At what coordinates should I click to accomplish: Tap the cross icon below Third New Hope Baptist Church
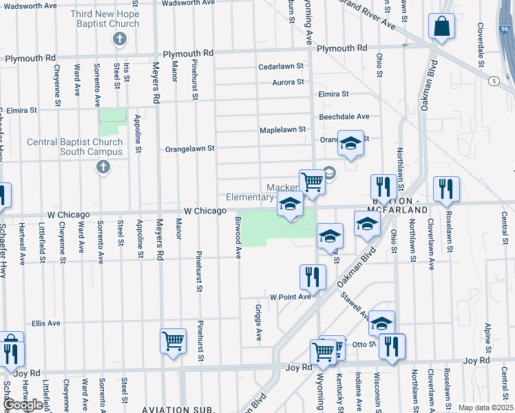(120, 39)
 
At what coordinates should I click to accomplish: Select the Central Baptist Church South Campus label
(75, 147)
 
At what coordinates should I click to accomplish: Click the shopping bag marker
(441, 27)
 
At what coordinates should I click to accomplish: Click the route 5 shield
(494, 81)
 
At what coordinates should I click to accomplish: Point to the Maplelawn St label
(282, 129)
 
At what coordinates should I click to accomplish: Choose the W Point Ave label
(290, 297)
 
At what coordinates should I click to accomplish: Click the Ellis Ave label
(46, 323)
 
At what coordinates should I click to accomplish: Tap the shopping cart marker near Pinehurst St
(173, 340)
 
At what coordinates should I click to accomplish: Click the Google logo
(23, 405)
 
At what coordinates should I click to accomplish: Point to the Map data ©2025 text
(485, 407)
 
